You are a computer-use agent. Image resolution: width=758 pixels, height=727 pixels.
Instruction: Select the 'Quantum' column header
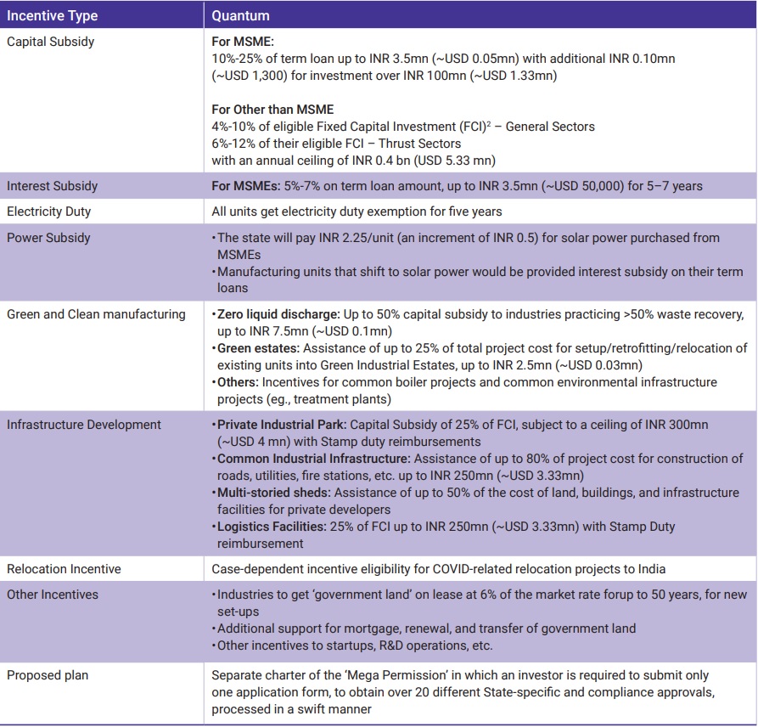click(240, 15)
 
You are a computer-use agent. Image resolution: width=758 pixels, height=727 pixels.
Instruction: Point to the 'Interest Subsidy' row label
click(53, 186)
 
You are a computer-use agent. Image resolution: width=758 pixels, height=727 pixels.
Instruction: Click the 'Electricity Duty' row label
click(49, 211)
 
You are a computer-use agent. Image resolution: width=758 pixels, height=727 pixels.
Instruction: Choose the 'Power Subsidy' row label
click(49, 238)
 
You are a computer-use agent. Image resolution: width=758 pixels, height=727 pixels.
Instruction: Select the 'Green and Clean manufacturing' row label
click(96, 314)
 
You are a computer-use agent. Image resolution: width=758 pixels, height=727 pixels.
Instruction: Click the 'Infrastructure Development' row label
click(84, 425)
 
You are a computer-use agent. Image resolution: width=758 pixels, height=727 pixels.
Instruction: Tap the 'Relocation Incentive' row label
click(64, 569)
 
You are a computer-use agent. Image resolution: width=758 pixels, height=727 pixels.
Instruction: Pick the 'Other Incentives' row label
click(53, 595)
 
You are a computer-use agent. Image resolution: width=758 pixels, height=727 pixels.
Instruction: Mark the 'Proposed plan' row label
click(47, 675)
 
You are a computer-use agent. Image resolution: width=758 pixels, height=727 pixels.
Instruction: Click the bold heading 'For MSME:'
click(242, 41)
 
